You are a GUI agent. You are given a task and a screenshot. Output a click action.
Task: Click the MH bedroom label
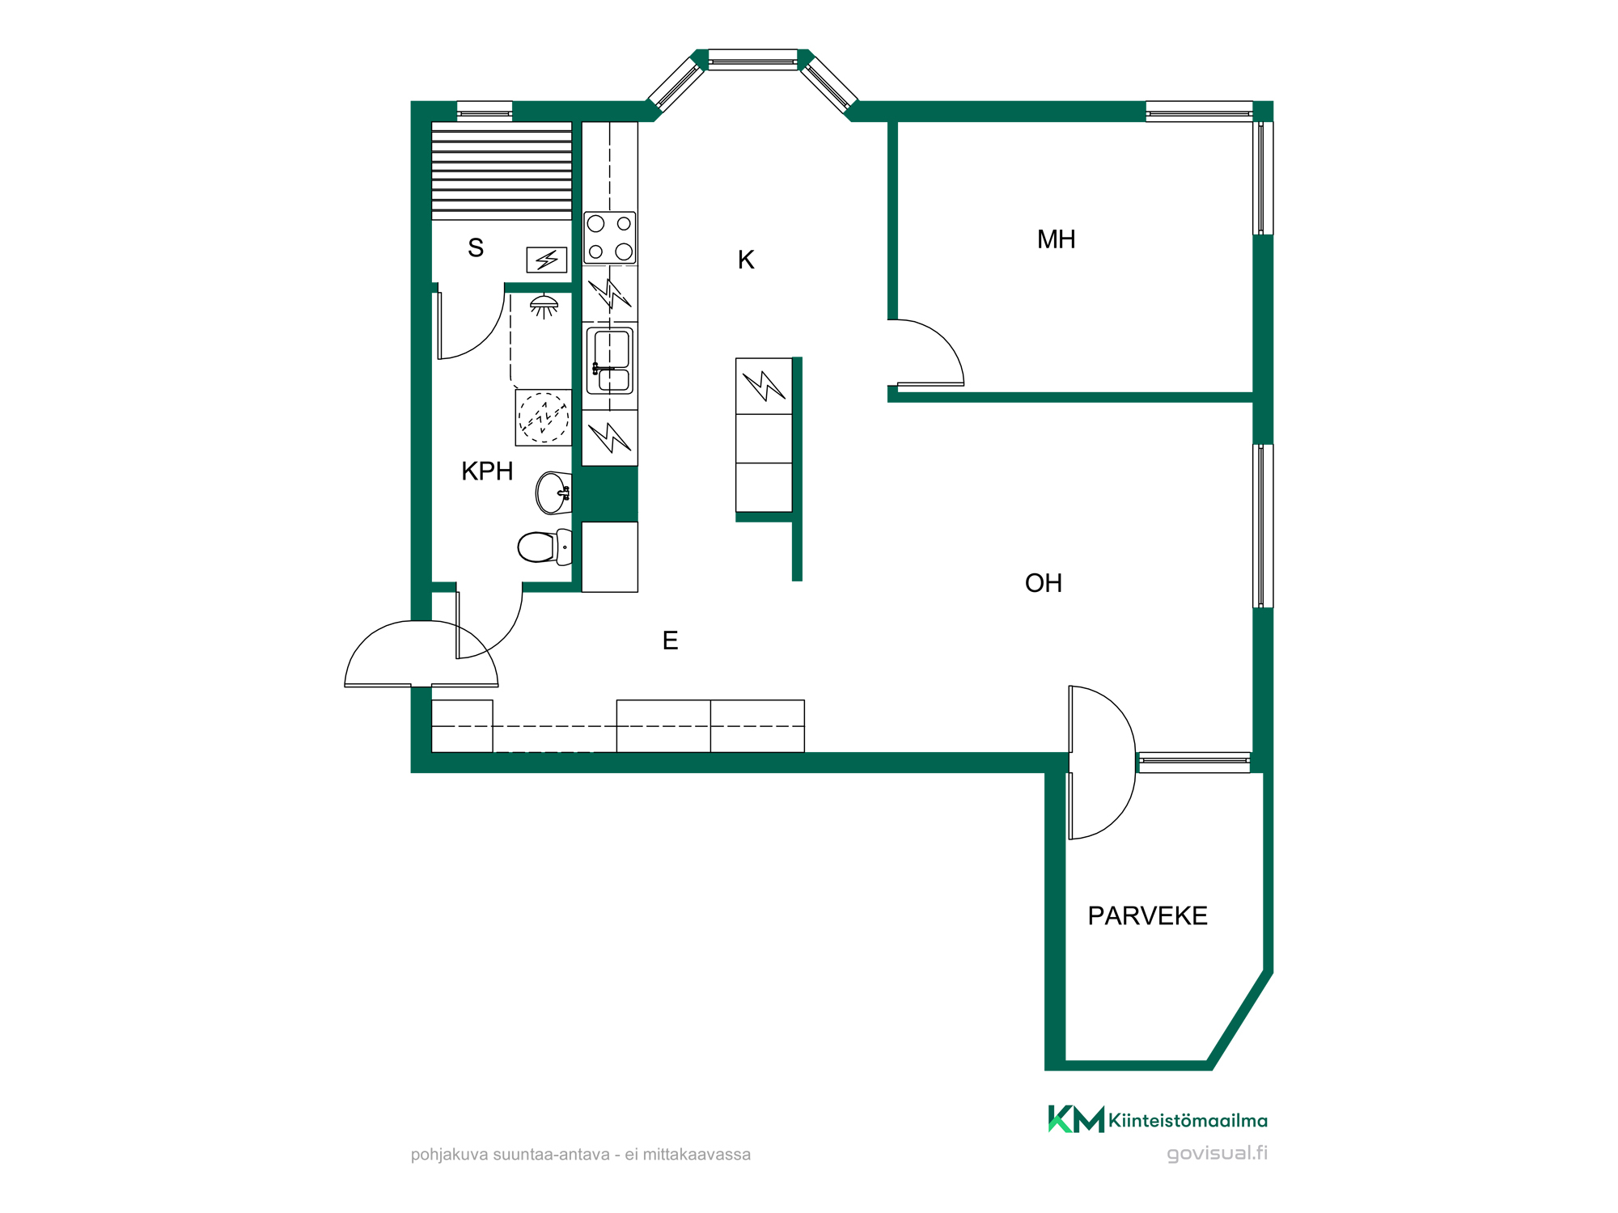1056,239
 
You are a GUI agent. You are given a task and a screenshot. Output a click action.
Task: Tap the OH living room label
1043,583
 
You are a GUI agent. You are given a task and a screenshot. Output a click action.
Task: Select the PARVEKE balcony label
1147,915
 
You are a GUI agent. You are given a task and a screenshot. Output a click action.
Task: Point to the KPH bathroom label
487,471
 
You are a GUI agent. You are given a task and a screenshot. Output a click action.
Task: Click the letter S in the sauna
476,247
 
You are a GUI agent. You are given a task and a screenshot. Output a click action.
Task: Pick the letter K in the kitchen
746,260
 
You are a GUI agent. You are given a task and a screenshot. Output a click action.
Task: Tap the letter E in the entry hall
670,640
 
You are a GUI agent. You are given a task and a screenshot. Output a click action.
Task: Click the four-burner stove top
610,238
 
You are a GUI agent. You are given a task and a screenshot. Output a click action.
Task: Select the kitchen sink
610,361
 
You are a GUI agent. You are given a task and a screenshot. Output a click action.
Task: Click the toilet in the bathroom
544,547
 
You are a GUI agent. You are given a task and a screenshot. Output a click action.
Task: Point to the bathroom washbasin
553,492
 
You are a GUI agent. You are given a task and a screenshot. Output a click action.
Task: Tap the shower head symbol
544,306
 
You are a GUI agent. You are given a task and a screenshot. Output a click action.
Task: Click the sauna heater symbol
547,260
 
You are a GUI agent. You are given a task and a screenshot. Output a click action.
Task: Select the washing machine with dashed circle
544,417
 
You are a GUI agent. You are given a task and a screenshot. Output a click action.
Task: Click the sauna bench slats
502,171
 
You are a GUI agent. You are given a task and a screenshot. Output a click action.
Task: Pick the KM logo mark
1076,1119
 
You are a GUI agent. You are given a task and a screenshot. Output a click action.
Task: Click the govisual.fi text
1217,1153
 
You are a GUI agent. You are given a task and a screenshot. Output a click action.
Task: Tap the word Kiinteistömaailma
1188,1121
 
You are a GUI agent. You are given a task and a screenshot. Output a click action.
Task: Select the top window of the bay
753,61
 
